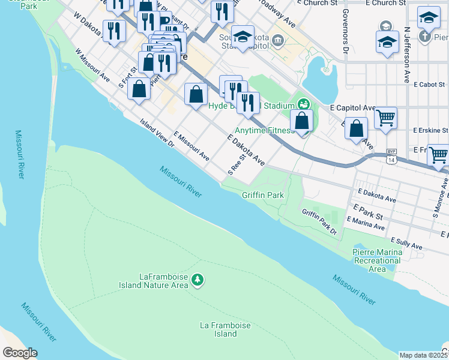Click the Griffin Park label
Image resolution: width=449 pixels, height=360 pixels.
262,195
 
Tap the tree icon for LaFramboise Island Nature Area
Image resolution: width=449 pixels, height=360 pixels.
197,280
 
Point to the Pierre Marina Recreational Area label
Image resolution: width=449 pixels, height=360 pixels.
378,260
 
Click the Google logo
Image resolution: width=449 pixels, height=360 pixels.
20,353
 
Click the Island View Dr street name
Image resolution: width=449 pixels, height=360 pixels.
157,133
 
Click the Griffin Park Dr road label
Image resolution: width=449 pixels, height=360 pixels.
320,221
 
